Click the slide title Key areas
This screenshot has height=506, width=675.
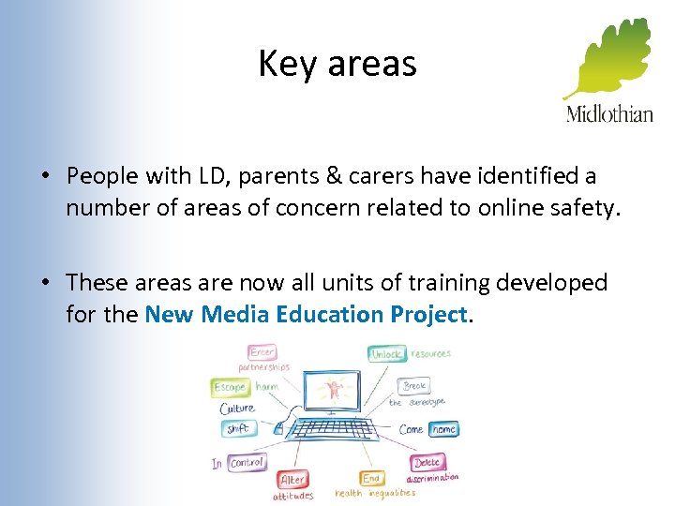(x=337, y=65)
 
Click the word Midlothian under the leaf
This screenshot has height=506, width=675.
(x=609, y=114)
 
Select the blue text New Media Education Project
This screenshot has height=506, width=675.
(x=306, y=314)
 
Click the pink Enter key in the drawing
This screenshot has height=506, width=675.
(x=262, y=353)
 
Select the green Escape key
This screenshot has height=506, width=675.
(x=230, y=387)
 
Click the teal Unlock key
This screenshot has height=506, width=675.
(x=385, y=354)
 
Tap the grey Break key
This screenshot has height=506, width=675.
(x=414, y=386)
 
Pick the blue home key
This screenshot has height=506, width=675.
(x=443, y=429)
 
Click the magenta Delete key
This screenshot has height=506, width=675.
(x=427, y=463)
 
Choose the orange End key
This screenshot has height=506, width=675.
(x=371, y=479)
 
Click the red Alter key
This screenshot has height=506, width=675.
(x=292, y=480)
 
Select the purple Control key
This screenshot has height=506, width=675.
(x=247, y=463)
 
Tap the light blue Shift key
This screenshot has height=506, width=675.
(x=236, y=429)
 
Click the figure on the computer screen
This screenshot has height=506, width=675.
(x=333, y=389)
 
